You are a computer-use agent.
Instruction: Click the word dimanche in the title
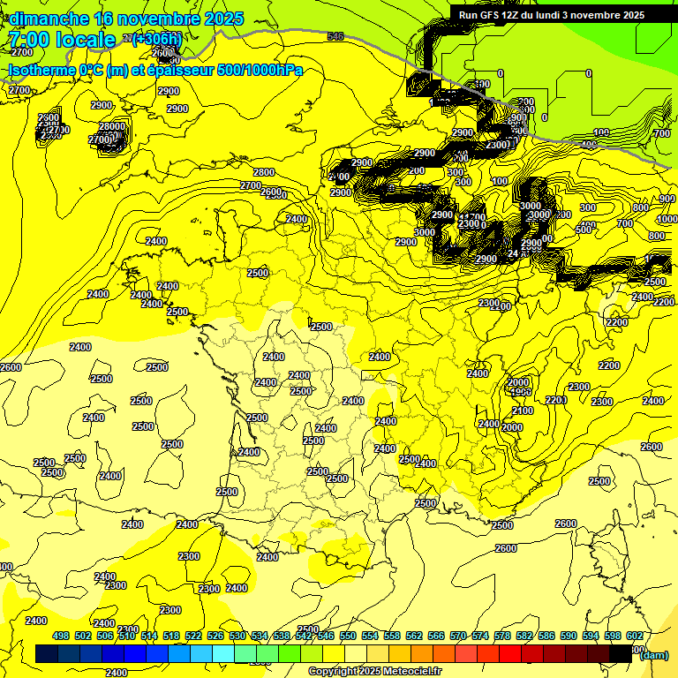pos(49,19)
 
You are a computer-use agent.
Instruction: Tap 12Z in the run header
pos(512,15)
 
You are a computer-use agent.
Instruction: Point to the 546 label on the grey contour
pos(335,36)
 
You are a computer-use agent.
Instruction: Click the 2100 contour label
pos(523,411)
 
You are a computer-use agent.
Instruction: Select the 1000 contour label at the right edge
pos(667,219)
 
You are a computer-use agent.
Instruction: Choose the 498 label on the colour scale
pos(61,636)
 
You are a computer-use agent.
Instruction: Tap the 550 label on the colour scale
pos(348,636)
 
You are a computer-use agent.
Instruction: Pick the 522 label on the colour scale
pos(193,636)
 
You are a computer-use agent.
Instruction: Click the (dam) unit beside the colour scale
pos(654,654)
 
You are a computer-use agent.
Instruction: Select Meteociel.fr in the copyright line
pos(411,672)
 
